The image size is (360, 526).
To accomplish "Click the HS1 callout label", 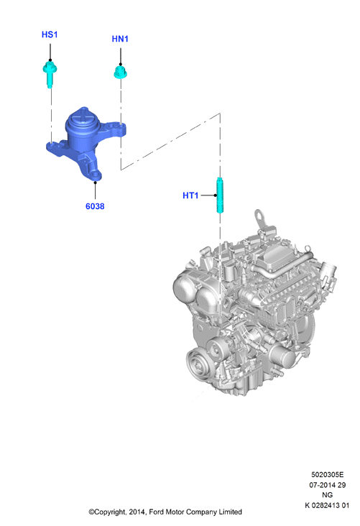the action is point(50,34).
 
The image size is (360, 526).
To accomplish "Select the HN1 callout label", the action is point(120,39).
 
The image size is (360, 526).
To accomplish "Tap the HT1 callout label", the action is point(190,195).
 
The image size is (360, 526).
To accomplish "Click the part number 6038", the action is point(95,206).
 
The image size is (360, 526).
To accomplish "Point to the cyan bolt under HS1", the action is point(50,75).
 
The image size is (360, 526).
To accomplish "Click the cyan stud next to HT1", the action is point(220,195).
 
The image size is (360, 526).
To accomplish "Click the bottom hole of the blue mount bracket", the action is point(96,175).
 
